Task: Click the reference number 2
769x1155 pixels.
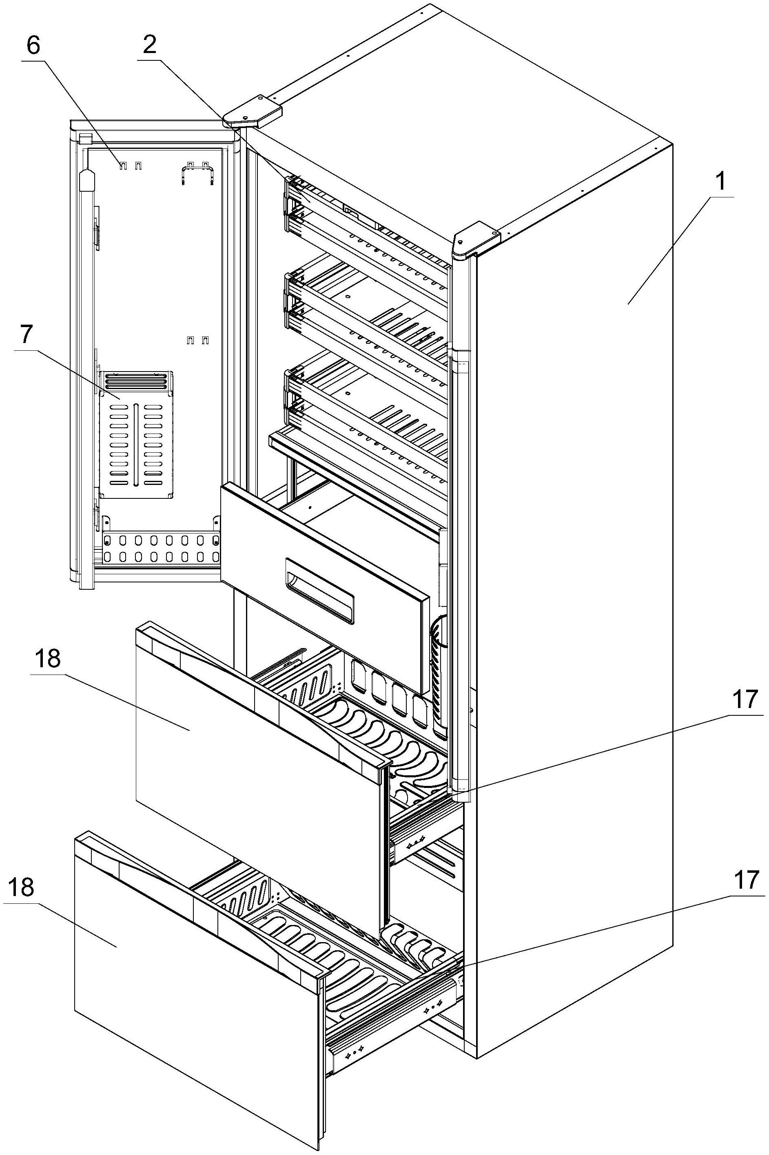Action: (150, 45)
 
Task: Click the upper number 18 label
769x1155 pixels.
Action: (48, 659)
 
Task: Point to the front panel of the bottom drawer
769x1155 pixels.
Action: (196, 990)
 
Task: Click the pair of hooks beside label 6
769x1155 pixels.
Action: (132, 165)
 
